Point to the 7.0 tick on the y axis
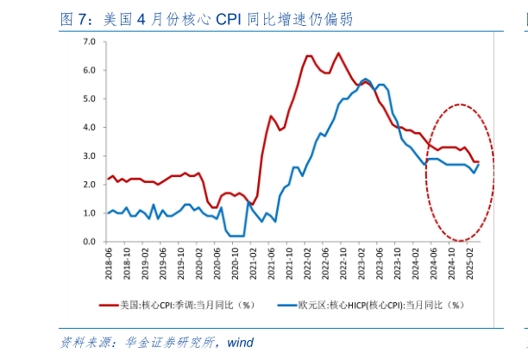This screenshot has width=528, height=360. [x=89, y=41]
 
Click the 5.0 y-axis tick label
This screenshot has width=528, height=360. [x=89, y=98]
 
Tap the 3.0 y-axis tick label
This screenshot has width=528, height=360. [x=89, y=155]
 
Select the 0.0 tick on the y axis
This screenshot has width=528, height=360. [x=89, y=241]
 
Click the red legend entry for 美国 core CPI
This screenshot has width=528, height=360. [x=185, y=305]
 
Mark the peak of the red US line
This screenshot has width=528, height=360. [x=337, y=53]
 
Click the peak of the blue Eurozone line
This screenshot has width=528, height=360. [x=366, y=79]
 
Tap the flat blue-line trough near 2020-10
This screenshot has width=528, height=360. [x=236, y=236]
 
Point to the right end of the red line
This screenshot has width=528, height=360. [x=479, y=161]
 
